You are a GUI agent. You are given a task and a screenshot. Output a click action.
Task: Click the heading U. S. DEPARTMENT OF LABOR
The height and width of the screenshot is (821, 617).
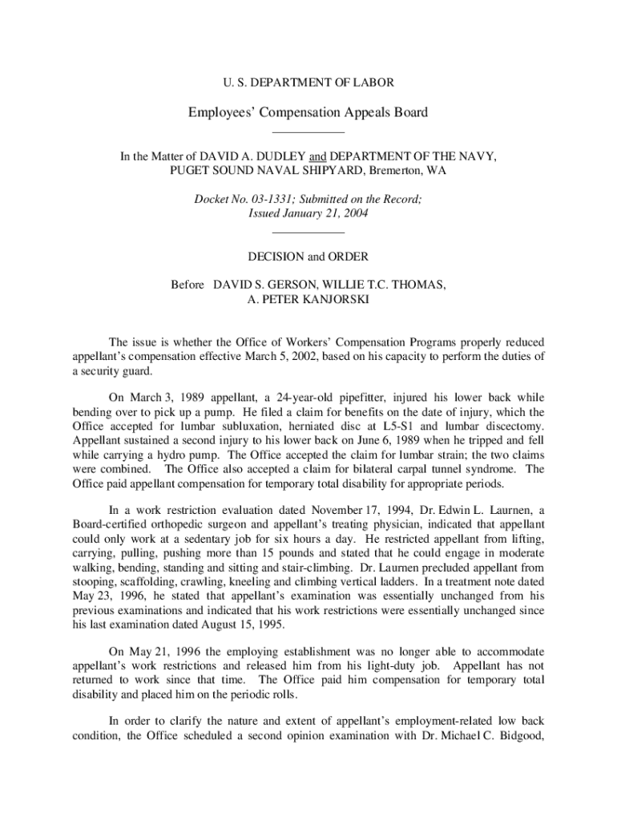(x=308, y=82)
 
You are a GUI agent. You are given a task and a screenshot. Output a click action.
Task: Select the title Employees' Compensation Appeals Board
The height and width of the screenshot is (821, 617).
(x=308, y=112)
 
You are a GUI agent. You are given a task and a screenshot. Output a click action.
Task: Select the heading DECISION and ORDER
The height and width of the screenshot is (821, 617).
(x=308, y=257)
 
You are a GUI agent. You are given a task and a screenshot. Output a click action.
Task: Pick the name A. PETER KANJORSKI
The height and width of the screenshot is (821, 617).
(x=308, y=299)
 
